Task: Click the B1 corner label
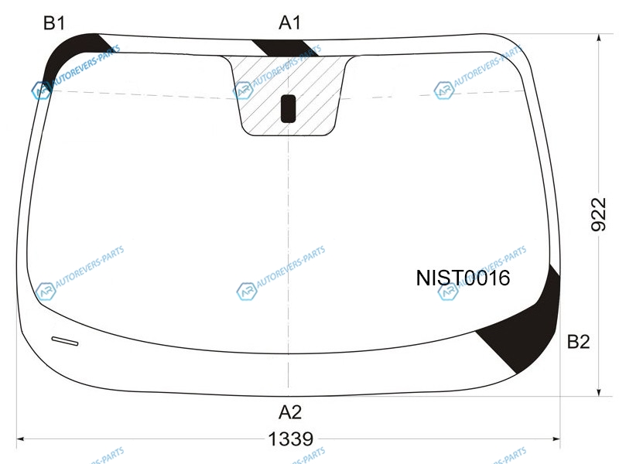(54, 23)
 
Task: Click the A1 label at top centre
(289, 22)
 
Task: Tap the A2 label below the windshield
(290, 412)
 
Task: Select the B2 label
(578, 342)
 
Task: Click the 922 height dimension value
(598, 215)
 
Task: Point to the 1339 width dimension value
(291, 438)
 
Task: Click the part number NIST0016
(463, 278)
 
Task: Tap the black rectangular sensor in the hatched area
(288, 108)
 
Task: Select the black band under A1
(285, 48)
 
